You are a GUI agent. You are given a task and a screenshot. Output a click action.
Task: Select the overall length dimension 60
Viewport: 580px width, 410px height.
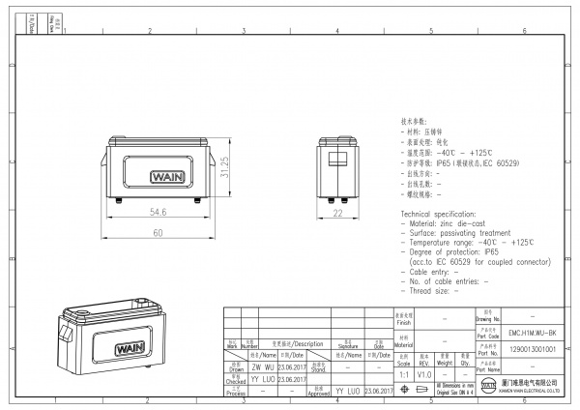click(156, 233)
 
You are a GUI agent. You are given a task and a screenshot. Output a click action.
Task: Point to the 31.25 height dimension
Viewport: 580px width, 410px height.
click(224, 170)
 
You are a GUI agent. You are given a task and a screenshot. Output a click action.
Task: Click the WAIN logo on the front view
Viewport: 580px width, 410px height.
click(157, 177)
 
